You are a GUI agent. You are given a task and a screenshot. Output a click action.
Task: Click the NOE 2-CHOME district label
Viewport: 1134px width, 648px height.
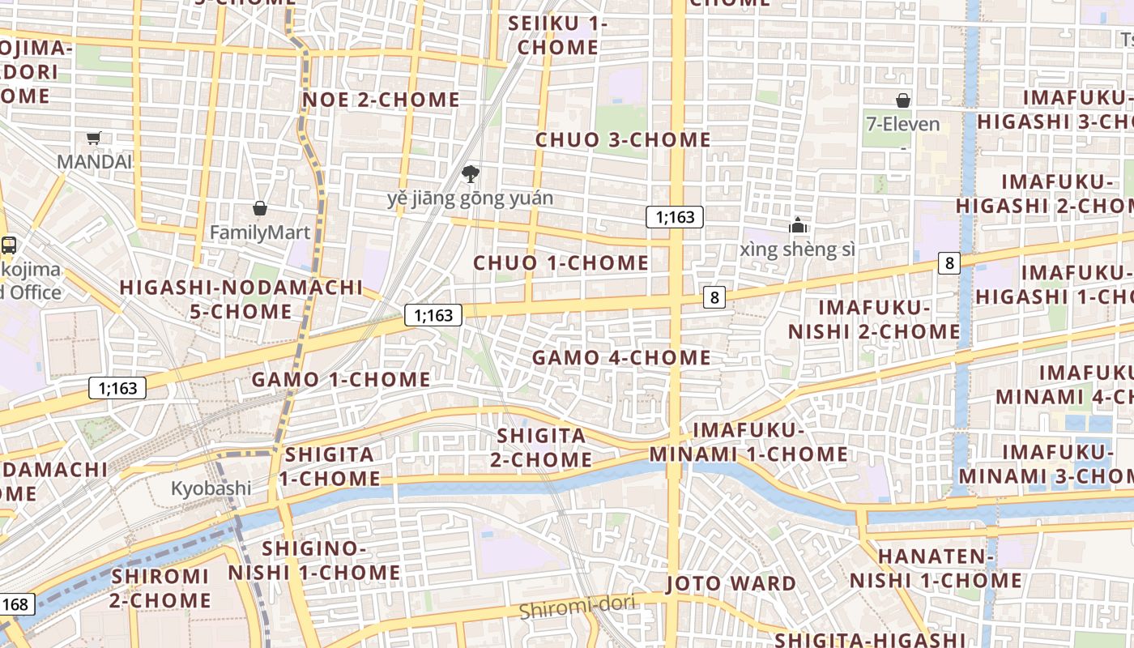point(381,100)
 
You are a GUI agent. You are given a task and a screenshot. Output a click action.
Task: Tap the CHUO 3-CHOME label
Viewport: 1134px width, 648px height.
point(623,140)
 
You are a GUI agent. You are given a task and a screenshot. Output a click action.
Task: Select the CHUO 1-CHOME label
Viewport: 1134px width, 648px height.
point(561,263)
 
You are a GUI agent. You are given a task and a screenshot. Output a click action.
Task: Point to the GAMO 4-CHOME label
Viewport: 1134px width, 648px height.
point(621,357)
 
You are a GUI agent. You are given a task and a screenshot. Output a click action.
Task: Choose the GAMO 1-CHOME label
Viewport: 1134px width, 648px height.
point(341,379)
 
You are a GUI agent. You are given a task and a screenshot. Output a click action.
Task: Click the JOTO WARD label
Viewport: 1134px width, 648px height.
point(731,583)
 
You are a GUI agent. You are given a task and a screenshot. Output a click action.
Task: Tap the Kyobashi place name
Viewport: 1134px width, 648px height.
point(211,488)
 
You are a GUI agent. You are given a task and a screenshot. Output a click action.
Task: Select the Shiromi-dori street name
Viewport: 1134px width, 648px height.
point(577,607)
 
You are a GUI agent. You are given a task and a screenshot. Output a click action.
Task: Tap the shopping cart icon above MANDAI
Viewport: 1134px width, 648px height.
point(94,138)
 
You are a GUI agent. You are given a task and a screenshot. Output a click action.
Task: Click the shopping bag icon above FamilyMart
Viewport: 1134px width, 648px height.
point(260,208)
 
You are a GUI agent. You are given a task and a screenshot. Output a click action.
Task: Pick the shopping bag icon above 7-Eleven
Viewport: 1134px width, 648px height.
point(903,100)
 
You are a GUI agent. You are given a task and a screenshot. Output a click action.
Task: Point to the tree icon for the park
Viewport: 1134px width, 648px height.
point(469,173)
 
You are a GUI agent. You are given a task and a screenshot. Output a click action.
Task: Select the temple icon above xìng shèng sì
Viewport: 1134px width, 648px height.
point(798,225)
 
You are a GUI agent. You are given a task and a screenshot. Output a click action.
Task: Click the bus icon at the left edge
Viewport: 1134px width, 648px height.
point(9,245)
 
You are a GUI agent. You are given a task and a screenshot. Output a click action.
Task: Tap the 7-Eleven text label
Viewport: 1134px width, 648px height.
point(903,124)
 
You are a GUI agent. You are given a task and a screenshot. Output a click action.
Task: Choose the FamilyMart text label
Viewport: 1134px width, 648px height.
point(260,232)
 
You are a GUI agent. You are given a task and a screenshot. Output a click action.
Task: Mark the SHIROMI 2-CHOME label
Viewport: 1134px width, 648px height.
point(160,588)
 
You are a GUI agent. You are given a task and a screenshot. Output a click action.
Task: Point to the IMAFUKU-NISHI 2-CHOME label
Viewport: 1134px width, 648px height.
point(874,319)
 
